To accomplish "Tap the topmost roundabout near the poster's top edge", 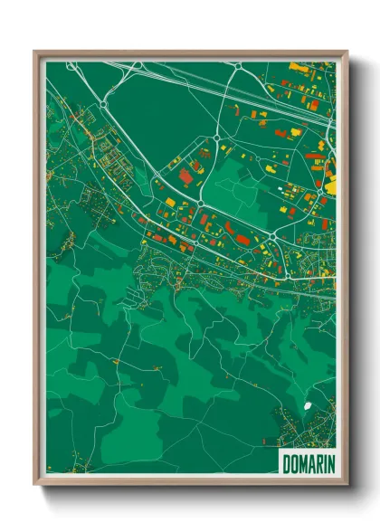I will pyautogui.click(x=238, y=67).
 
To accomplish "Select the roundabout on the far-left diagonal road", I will pyautogui.click(x=101, y=105).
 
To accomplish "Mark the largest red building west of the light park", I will pyautogui.click(x=185, y=175).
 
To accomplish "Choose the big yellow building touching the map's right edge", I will pyautogui.click(x=330, y=186).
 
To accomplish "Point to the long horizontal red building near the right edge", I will pyautogui.click(x=314, y=156).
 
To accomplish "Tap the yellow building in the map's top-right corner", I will pyautogui.click(x=299, y=66).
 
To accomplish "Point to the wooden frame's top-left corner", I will pyautogui.click(x=35, y=52).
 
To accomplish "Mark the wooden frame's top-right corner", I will pyautogui.click(x=347, y=52).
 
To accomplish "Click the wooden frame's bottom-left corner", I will pyautogui.click(x=35, y=486).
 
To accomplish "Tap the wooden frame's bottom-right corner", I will pyautogui.click(x=347, y=486).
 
